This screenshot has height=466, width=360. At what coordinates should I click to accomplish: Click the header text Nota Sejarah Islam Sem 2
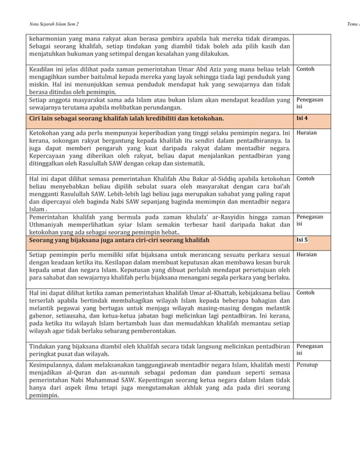54,24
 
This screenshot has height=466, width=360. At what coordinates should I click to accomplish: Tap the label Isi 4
302,118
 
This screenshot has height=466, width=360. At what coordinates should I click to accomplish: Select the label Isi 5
302,240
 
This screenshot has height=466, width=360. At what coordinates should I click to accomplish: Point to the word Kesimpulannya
54,365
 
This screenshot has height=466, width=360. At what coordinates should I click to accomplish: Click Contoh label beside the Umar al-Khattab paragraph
305,293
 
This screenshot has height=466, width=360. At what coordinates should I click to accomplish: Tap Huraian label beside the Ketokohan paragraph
306,133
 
